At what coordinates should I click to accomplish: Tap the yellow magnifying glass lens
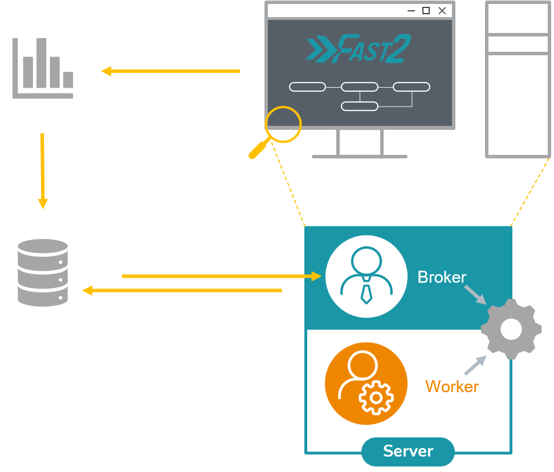(283, 124)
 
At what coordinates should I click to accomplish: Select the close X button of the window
(442, 11)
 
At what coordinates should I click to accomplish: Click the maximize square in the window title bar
(426, 11)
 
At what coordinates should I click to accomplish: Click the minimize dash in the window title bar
(411, 11)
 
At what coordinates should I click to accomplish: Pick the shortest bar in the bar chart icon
(68, 80)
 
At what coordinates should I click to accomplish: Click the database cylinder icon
(43, 272)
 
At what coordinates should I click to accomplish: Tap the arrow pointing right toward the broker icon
(222, 276)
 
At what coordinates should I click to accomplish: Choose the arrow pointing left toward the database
(182, 291)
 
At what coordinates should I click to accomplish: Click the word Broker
(442, 278)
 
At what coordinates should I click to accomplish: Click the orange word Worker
(452, 386)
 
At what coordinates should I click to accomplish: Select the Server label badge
(408, 451)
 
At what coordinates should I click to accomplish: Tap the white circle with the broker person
(366, 276)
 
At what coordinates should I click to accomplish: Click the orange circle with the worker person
(366, 384)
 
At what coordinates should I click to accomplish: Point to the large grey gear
(511, 329)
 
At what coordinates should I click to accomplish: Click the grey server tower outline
(518, 80)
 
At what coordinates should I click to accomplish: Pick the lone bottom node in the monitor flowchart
(359, 106)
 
